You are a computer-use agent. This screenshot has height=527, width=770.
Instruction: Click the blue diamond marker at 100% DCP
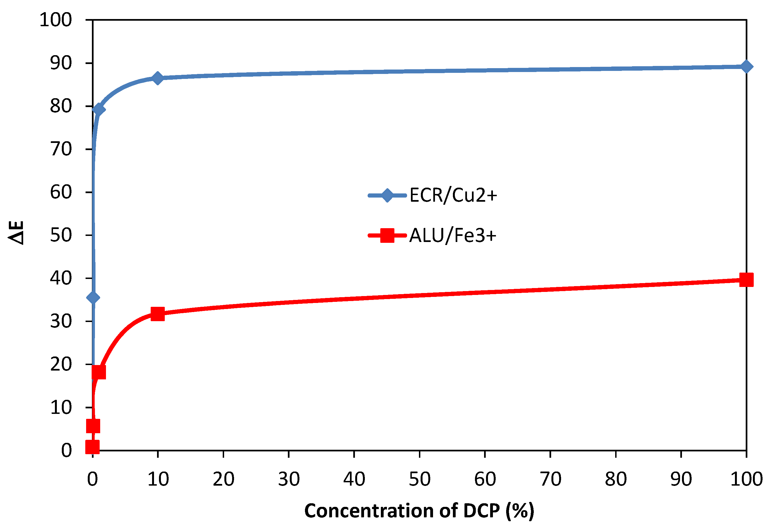[746, 66]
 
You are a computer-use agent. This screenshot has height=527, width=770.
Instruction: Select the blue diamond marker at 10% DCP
[158, 78]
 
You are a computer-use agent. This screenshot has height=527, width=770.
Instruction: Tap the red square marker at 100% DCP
[746, 280]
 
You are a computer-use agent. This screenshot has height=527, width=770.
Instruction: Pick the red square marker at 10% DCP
[158, 313]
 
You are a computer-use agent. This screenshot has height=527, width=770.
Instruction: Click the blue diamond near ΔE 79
[99, 109]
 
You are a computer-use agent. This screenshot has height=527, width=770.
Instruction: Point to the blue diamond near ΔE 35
[93, 297]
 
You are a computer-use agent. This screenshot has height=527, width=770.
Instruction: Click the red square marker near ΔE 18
[99, 372]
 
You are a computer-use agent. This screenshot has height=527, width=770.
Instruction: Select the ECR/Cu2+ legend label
[453, 195]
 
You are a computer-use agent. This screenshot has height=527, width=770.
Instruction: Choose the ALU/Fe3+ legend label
[453, 236]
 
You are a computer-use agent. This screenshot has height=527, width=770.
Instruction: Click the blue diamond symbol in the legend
[387, 195]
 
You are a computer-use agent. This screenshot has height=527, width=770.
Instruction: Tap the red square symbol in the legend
[387, 236]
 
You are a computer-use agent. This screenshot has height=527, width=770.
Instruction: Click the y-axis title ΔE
[16, 233]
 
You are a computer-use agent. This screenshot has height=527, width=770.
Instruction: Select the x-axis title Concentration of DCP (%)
[419, 510]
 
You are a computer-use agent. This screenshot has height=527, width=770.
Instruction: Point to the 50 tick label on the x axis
[419, 479]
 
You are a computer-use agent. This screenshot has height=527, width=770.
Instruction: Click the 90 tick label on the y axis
[61, 63]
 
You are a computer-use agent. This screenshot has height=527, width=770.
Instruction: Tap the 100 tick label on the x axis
[747, 479]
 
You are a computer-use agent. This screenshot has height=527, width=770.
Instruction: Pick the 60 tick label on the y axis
[61, 192]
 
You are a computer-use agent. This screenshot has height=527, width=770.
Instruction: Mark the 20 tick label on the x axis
[223, 479]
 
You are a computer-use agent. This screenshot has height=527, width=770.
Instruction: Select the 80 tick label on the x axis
[616, 479]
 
